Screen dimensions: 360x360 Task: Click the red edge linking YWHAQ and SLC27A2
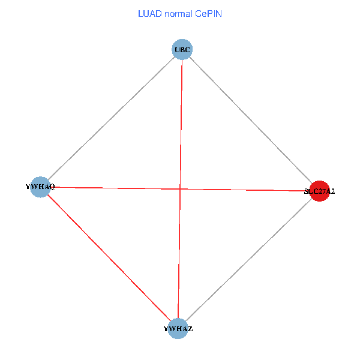pos(240,190)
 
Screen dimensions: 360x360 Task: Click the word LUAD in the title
pos(148,13)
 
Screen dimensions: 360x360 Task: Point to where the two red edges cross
pos(180,189)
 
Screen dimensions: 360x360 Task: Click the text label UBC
pos(182,49)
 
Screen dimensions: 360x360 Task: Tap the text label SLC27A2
pos(319,192)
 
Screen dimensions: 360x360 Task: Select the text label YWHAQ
pos(41,187)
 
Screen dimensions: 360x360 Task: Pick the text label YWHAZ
pos(178,329)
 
